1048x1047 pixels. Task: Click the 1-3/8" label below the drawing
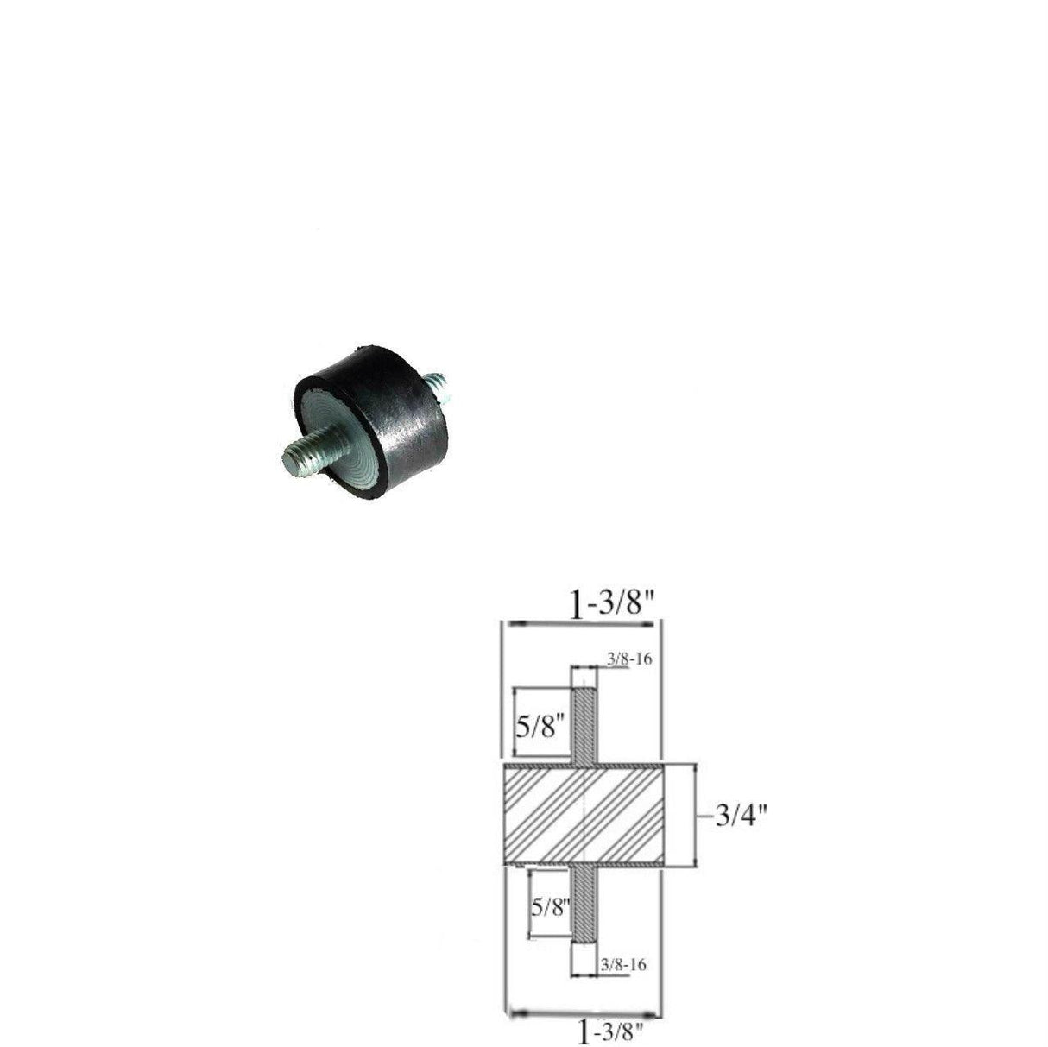pos(616,1030)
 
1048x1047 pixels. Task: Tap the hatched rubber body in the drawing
pos(583,815)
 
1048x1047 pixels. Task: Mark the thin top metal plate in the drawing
pos(583,766)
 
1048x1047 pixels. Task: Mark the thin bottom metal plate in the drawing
pos(583,864)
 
